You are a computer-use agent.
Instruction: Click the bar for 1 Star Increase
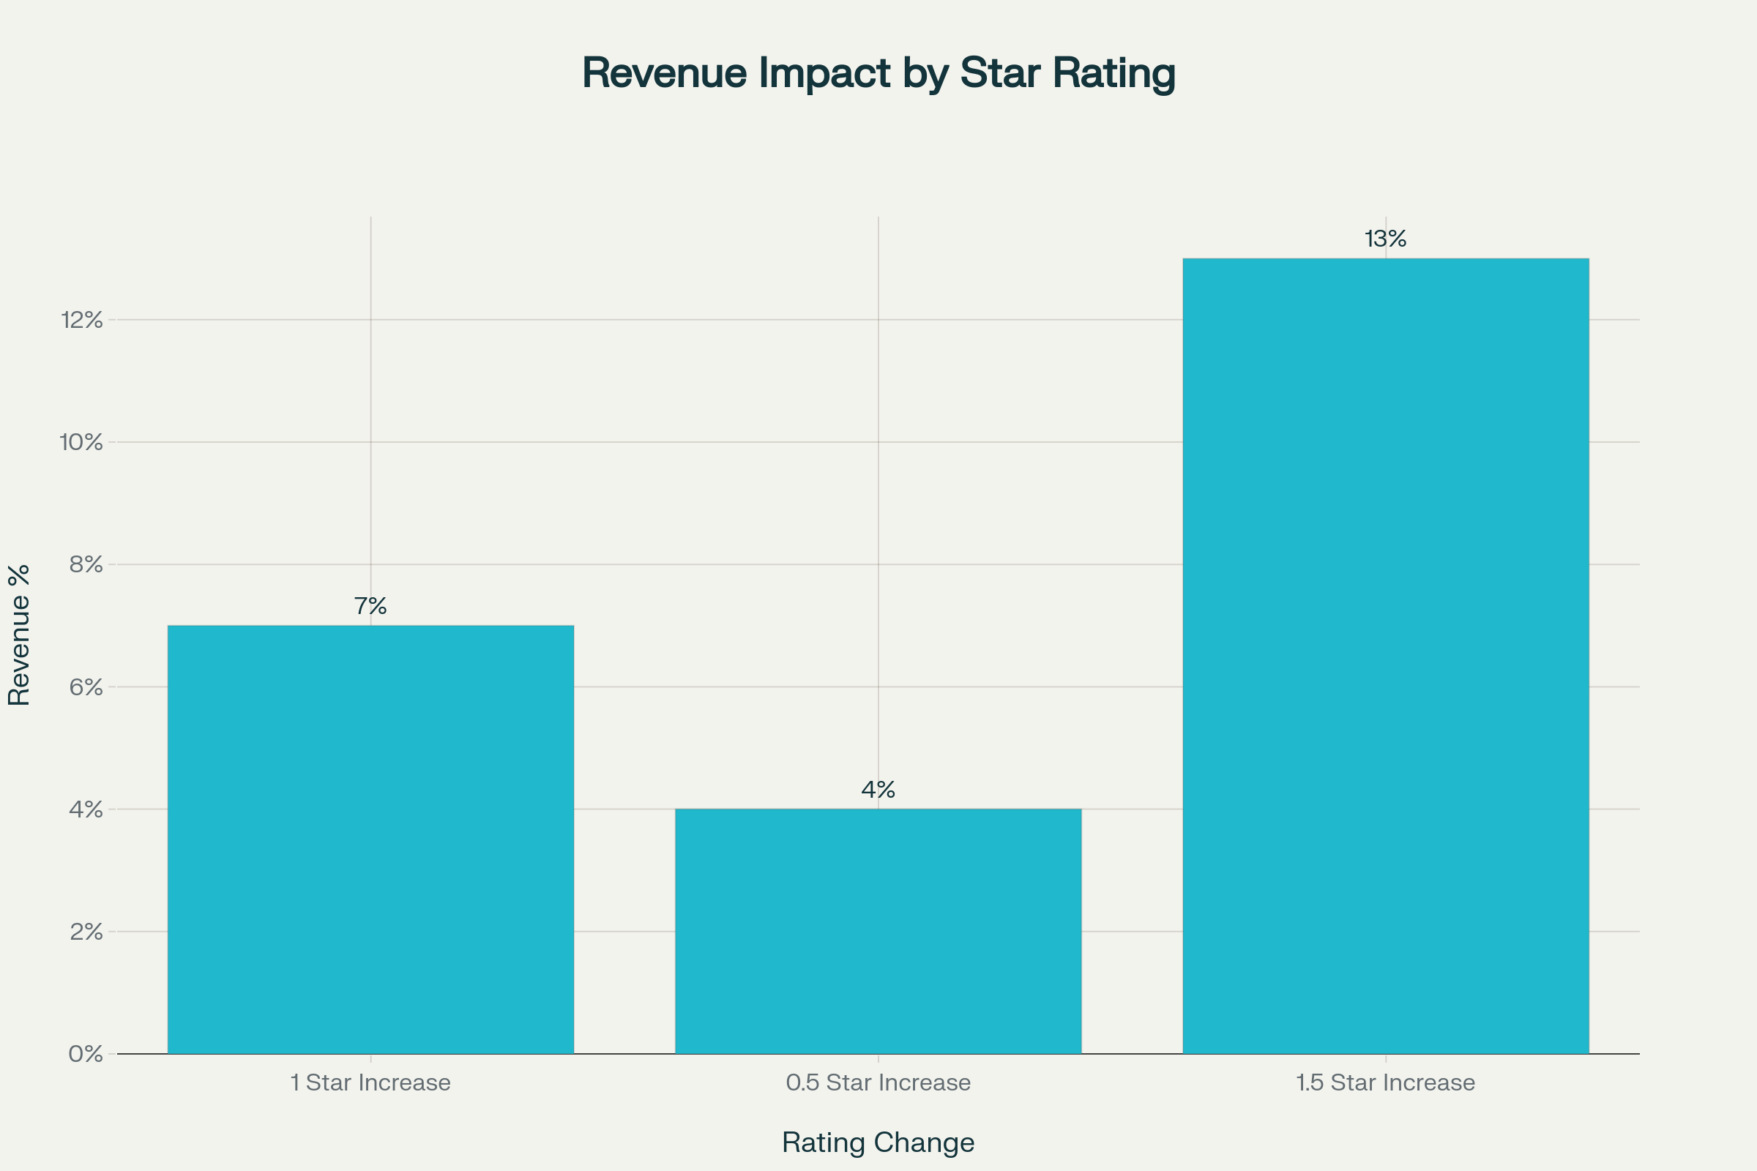point(370,839)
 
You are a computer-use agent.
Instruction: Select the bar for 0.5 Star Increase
point(878,931)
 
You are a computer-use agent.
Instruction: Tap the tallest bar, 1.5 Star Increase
point(1385,656)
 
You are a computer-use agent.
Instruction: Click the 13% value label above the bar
point(1385,239)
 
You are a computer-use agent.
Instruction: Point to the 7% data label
point(370,606)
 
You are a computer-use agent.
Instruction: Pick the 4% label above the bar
point(878,790)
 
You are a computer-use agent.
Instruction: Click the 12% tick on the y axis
point(81,321)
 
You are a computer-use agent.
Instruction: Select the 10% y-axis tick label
point(81,442)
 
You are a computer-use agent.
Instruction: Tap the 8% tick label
point(86,564)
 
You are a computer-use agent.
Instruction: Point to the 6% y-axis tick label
point(86,687)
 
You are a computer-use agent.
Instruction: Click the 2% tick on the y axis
point(86,931)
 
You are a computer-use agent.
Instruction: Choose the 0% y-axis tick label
point(85,1054)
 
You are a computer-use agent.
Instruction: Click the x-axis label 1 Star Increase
point(370,1082)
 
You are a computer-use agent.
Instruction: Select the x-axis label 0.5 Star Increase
point(878,1082)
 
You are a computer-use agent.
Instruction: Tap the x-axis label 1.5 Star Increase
point(1385,1082)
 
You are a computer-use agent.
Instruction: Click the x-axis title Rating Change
point(878,1142)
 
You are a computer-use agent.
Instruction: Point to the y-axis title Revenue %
point(19,635)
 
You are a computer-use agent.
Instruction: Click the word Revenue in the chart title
point(664,73)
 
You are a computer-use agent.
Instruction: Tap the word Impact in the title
point(825,73)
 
